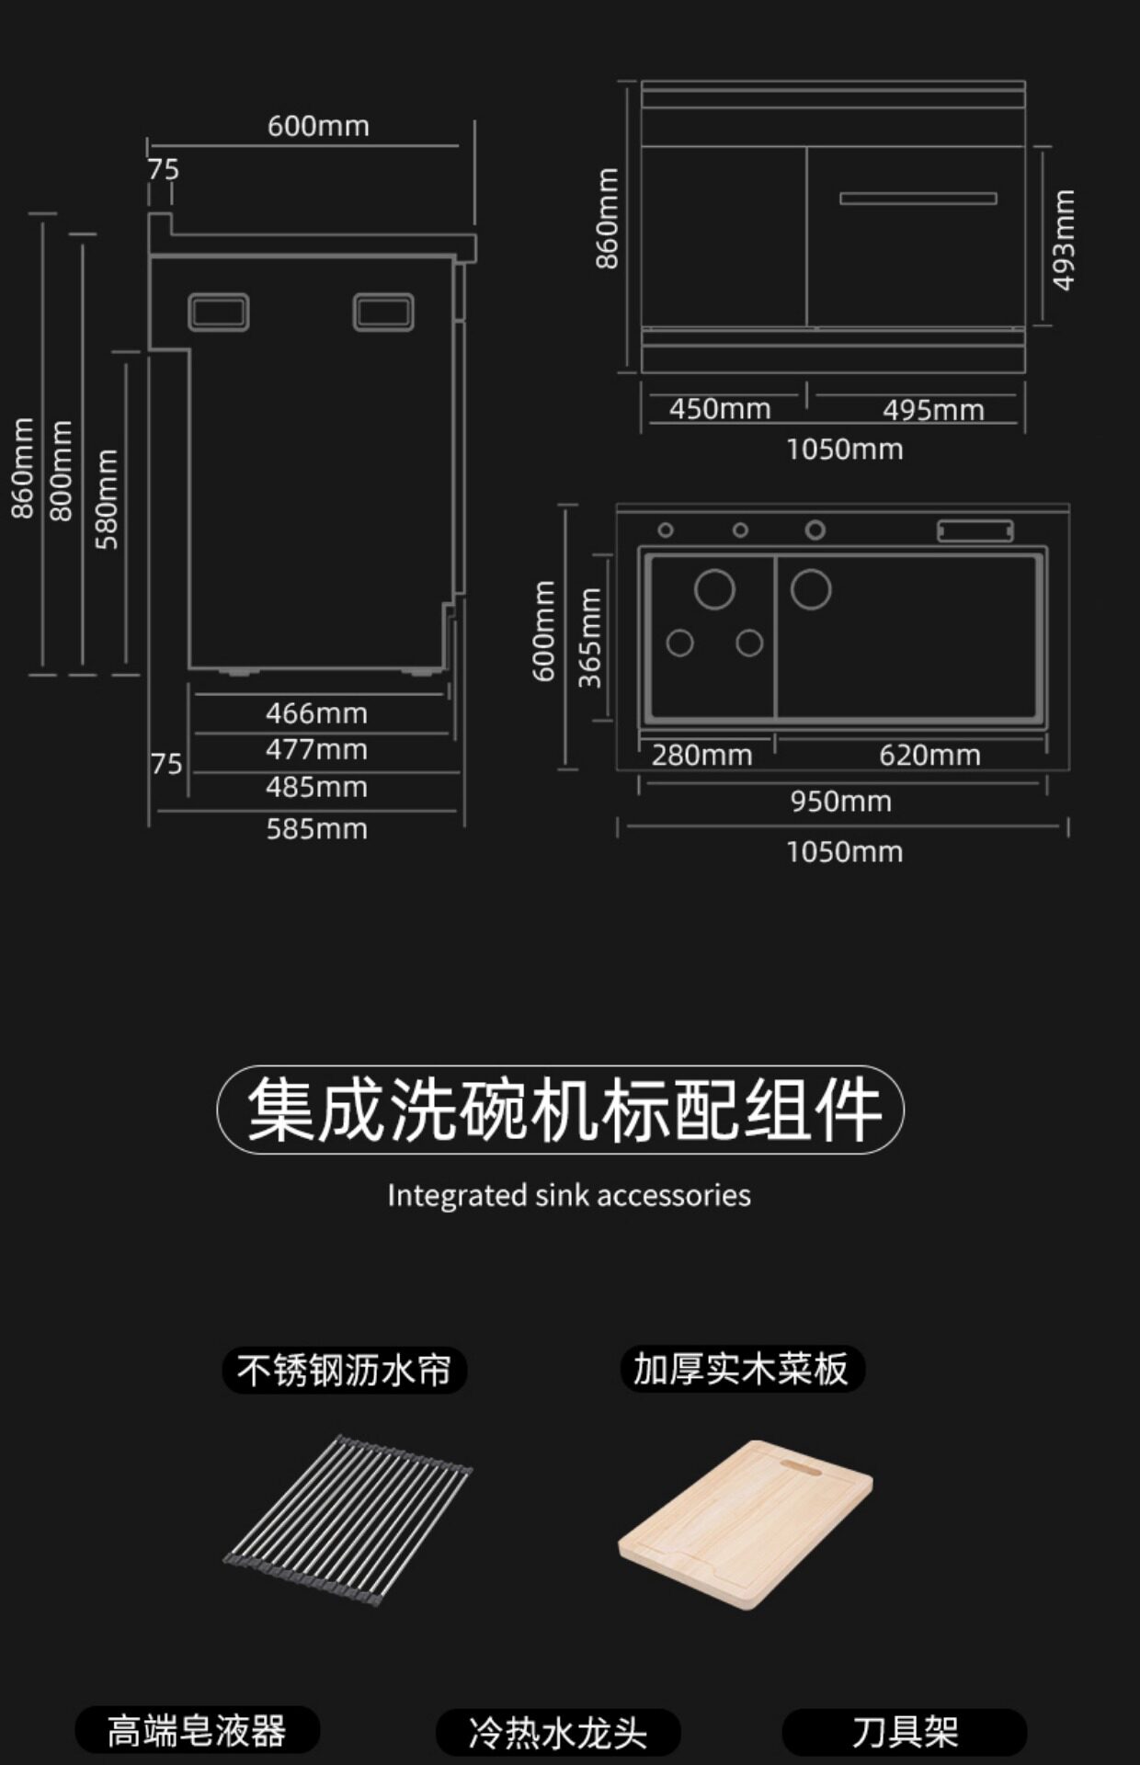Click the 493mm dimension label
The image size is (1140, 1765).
1063,240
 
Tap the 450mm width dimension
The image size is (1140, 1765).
720,408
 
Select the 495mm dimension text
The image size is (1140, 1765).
933,409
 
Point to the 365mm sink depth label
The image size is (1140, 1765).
589,638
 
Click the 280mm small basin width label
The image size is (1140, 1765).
701,755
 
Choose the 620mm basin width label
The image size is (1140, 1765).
929,755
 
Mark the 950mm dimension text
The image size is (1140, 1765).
841,801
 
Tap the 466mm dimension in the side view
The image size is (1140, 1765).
316,712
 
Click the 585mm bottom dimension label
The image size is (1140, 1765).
316,828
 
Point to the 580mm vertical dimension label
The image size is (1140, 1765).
107,499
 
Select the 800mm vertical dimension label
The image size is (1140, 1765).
61,471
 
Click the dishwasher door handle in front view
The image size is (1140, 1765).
918,198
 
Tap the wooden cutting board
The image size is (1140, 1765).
746,1524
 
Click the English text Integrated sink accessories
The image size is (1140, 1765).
569,1195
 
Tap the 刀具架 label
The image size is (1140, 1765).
905,1733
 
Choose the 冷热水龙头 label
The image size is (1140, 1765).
558,1733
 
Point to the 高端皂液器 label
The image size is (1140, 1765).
197,1731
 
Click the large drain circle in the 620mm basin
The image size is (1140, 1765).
811,589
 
